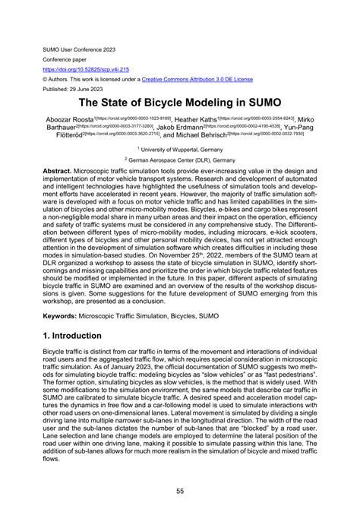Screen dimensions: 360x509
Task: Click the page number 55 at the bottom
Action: tap(179, 491)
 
